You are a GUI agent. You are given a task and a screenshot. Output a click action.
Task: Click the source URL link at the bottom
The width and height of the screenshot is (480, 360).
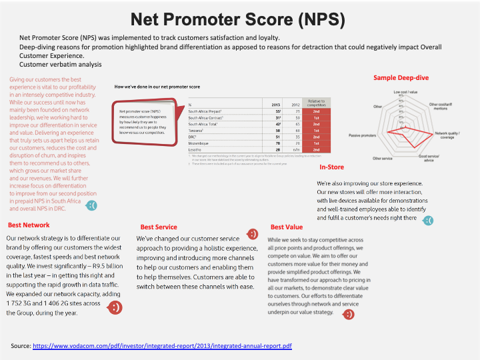coord(162,346)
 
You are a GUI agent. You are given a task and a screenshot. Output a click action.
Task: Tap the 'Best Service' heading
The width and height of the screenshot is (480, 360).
coord(159,227)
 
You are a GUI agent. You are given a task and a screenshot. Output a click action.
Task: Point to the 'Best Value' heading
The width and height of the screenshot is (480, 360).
coord(287,227)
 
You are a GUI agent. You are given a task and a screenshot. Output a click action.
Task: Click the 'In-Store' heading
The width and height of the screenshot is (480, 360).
coord(331,167)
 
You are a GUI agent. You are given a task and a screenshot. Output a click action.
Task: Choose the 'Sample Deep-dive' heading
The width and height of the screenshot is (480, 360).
coord(401,78)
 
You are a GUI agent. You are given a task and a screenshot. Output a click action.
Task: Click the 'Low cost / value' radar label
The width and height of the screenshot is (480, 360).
coord(405,91)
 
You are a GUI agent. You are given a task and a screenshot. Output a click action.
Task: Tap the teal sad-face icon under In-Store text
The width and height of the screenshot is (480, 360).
coord(429,219)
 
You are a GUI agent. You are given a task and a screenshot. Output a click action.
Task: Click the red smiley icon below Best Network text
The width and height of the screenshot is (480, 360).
coord(115,307)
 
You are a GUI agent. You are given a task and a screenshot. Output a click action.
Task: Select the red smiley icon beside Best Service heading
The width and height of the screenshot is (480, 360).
coord(253,233)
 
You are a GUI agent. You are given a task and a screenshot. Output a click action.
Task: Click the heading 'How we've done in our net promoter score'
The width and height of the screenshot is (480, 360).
coord(158,87)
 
